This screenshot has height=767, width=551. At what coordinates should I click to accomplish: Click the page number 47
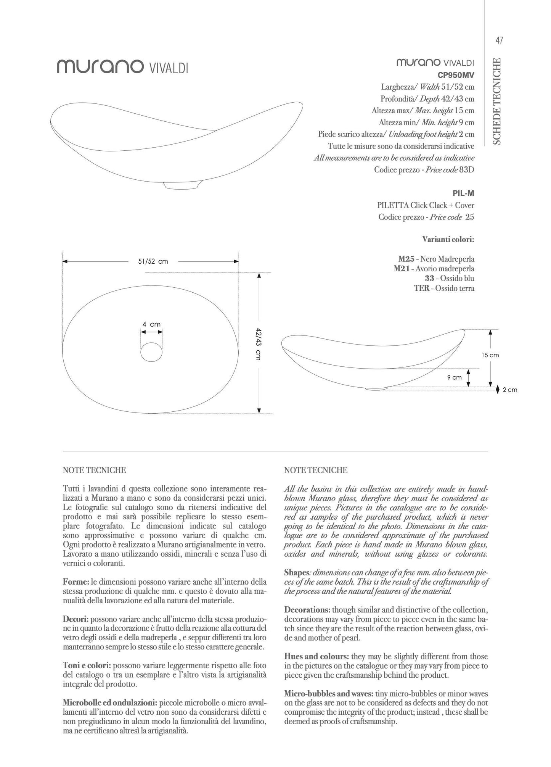point(499,40)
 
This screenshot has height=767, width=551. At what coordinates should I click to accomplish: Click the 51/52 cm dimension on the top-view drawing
point(153,261)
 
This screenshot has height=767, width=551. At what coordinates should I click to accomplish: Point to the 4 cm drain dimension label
point(151,324)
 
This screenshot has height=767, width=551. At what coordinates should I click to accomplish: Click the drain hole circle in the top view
point(152,352)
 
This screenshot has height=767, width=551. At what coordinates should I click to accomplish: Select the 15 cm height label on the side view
point(490,355)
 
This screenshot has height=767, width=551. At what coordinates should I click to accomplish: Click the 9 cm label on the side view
point(454,377)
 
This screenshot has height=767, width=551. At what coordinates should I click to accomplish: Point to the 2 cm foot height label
point(510,390)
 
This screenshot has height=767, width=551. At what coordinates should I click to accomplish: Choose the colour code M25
point(406,259)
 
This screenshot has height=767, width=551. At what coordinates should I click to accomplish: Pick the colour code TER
point(421,288)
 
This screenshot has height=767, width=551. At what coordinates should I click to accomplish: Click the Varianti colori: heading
point(448,240)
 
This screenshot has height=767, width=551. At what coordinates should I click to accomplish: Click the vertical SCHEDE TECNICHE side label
point(497,102)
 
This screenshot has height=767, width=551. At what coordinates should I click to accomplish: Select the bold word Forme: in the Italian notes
point(76,582)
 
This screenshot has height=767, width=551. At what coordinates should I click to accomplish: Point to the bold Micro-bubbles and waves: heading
point(329,694)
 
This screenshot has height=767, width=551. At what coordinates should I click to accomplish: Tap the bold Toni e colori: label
point(87,665)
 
